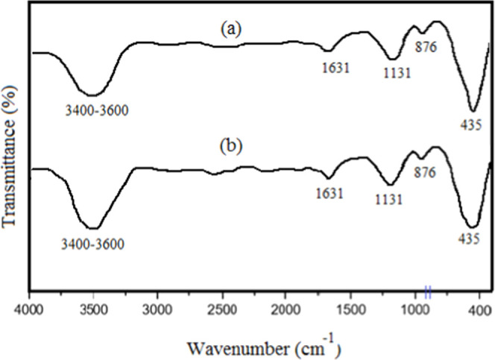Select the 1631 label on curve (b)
[329, 194]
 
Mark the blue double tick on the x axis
[428, 292]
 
